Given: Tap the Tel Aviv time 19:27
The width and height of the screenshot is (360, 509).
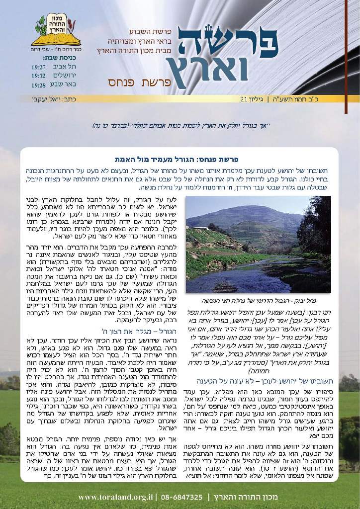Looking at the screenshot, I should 39,66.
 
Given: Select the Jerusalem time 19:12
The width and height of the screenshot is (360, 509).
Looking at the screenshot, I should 39,76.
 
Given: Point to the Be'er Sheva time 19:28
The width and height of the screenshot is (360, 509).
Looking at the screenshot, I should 39,85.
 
